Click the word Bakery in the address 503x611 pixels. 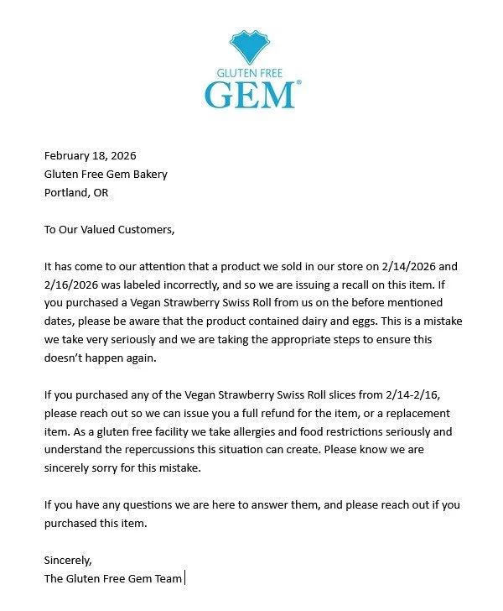tap(149, 174)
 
